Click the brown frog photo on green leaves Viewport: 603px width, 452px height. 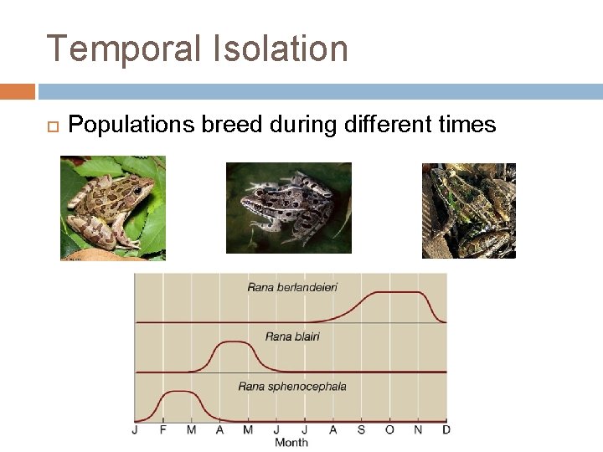click(113, 208)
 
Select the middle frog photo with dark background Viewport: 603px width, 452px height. click(289, 208)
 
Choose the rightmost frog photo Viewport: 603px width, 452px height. click(468, 210)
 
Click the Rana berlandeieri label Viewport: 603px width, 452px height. click(292, 287)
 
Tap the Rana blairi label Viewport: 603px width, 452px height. click(292, 336)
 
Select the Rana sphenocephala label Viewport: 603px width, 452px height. click(292, 386)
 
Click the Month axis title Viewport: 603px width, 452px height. click(291, 442)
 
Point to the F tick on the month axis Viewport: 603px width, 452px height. click(163, 430)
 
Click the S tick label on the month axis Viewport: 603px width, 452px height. click(361, 430)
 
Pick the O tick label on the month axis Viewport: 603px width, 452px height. click(389, 430)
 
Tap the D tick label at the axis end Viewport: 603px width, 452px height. click(446, 430)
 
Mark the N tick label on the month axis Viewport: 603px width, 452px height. click(418, 430)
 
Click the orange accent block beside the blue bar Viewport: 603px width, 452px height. click(18, 91)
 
